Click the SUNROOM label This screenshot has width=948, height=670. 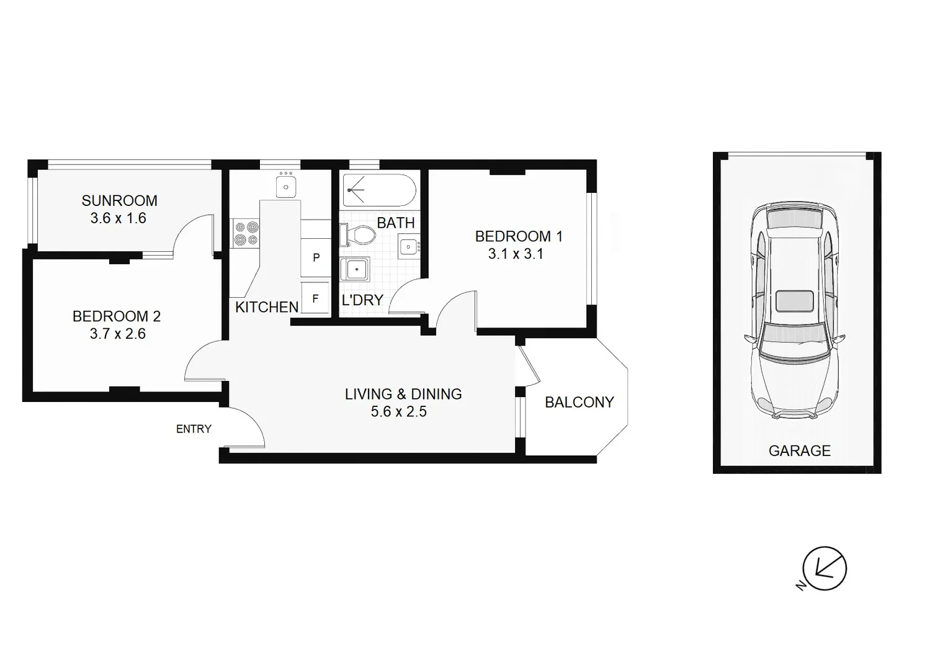tap(119, 200)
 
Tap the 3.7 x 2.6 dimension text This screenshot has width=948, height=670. tap(117, 334)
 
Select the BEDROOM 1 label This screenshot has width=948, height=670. tap(518, 236)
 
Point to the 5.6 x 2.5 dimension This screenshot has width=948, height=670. tap(398, 411)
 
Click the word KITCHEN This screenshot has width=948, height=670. tap(267, 307)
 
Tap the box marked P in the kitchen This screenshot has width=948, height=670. tap(316, 257)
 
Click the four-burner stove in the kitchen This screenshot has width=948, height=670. tap(246, 234)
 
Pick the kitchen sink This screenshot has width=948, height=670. tap(286, 186)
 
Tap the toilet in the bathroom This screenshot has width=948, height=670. tap(359, 235)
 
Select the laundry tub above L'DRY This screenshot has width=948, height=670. tap(355, 270)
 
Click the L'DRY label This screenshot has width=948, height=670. tap(362, 300)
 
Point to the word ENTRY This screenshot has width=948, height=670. tap(194, 429)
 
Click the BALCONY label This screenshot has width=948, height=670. tap(579, 402)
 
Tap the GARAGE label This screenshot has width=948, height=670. tap(799, 451)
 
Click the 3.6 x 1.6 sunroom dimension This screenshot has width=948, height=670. tap(118, 218)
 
